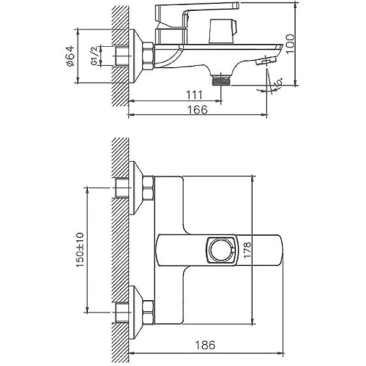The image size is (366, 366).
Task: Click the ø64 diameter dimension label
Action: pyautogui.click(x=70, y=56)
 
